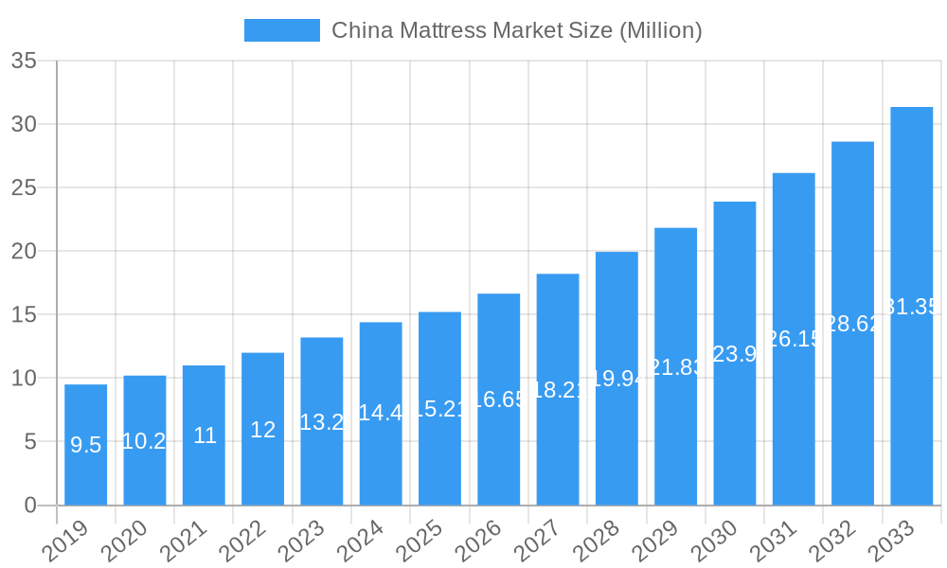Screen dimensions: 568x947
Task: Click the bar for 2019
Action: tap(86, 444)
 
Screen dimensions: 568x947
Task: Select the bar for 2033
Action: tap(911, 306)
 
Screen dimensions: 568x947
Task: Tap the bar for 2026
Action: tap(498, 399)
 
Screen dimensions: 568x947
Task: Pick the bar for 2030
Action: tap(735, 353)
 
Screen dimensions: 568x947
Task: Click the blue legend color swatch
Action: tap(281, 30)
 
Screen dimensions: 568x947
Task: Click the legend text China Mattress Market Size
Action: tap(516, 30)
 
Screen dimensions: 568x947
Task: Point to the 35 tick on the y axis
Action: tap(24, 62)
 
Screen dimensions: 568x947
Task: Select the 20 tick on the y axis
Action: tap(24, 252)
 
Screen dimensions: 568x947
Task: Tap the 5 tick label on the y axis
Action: tap(30, 442)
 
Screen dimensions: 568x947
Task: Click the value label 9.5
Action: tap(86, 445)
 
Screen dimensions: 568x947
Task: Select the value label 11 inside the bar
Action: tap(205, 435)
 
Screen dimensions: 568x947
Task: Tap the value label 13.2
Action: tap(322, 422)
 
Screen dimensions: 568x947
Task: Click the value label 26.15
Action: tap(794, 339)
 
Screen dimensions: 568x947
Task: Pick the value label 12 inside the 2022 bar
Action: tap(263, 430)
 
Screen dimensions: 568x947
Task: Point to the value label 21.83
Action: tap(676, 367)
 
